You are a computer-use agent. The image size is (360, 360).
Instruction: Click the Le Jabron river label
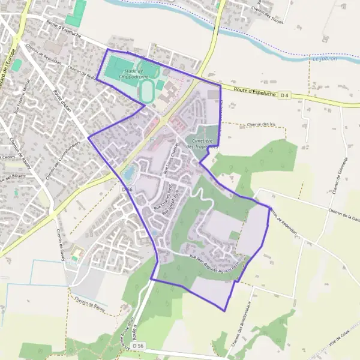[x=325, y=58]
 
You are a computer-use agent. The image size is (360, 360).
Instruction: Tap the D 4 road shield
[x=284, y=95]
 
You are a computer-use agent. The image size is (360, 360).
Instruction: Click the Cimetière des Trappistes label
[x=202, y=142]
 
